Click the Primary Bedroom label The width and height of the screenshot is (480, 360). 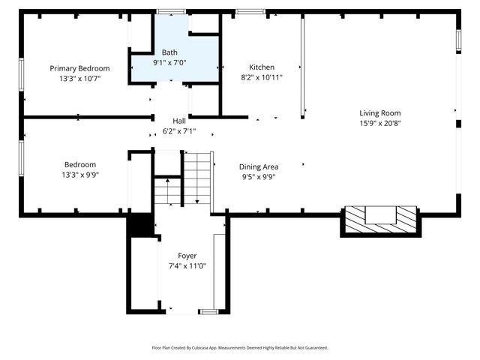click(x=79, y=68)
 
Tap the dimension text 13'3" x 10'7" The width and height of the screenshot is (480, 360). click(x=79, y=78)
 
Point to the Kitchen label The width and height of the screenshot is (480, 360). click(x=262, y=67)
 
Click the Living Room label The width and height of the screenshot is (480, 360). click(x=379, y=113)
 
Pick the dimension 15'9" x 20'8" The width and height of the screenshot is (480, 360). click(x=379, y=123)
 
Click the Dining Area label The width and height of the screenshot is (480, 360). click(x=259, y=167)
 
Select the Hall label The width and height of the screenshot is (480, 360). click(x=179, y=121)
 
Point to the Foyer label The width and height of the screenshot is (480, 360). click(x=187, y=256)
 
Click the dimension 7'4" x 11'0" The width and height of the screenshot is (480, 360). click(x=187, y=265)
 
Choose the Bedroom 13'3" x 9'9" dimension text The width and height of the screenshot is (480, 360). click(x=79, y=174)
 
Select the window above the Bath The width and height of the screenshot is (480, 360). click(x=172, y=11)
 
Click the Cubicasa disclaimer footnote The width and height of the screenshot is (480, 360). click(x=240, y=348)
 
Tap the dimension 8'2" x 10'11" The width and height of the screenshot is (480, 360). click(x=262, y=77)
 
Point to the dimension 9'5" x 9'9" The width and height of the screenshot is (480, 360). click(x=259, y=177)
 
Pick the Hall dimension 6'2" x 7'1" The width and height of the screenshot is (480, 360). click(x=179, y=130)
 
